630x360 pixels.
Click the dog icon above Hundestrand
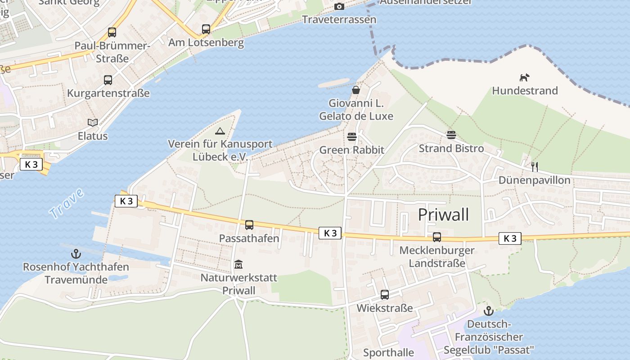(525, 77)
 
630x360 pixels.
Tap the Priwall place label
(443, 215)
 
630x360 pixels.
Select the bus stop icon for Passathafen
(249, 225)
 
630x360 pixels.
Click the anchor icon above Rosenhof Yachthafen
(76, 254)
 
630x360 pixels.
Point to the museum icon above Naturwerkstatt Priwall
(238, 264)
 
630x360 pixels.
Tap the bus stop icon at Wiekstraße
(385, 295)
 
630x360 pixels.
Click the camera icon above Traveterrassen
(339, 6)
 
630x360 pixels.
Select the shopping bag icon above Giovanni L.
(356, 90)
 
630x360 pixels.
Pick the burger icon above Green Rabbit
(352, 137)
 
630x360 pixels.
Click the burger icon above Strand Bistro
(451, 135)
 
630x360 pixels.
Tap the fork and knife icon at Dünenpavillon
(535, 167)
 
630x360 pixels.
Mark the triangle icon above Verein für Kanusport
(220, 131)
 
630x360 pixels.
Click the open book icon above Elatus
(93, 122)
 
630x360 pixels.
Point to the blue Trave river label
(67, 203)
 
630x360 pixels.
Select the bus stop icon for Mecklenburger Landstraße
(437, 237)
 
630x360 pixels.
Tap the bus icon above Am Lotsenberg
(206, 29)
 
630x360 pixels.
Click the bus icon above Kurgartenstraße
(108, 80)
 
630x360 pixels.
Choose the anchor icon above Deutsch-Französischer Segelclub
(489, 310)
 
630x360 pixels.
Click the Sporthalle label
(388, 352)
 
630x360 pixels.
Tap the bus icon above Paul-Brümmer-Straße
(112, 32)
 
